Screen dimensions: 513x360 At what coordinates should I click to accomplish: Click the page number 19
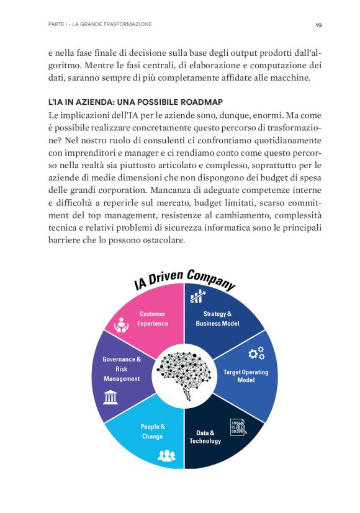[318, 25]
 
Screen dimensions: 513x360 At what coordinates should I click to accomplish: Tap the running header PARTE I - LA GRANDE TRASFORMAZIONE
[100, 25]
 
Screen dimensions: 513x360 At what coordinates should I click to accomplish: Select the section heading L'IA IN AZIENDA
[135, 101]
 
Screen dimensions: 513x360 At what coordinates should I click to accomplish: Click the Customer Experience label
[153, 318]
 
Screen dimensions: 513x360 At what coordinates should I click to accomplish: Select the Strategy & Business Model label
[217, 318]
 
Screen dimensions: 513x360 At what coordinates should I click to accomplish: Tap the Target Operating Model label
[246, 376]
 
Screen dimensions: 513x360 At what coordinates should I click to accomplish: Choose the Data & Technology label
[205, 437]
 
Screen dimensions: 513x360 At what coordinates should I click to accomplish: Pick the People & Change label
[153, 431]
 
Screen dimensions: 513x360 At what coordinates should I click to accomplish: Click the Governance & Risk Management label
[122, 368]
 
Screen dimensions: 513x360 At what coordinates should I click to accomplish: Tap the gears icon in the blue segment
[256, 354]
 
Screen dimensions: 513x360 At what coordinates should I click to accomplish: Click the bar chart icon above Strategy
[198, 297]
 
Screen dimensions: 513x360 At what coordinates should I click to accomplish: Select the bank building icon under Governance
[111, 396]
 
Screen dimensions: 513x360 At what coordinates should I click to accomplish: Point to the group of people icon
[166, 456]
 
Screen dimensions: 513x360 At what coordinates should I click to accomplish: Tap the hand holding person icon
[121, 324]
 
